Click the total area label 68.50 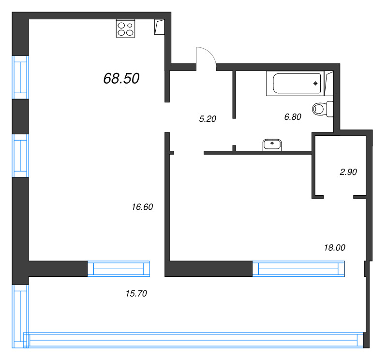121,78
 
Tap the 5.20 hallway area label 207,119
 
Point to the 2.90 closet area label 348,172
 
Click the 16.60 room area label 142,207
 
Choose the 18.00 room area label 334,247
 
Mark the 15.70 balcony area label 135,293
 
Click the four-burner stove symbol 125,29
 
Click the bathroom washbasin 272,144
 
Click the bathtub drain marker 315,84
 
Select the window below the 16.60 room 119,268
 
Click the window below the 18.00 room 299,268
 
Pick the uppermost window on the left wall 20,76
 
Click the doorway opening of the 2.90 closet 338,197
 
